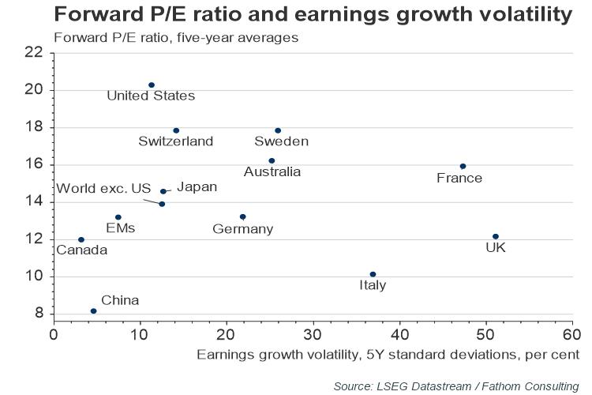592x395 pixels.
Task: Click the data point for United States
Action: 152,85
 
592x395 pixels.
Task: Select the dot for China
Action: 93,311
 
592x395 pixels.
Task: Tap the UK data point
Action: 496,236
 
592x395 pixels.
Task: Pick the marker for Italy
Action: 373,274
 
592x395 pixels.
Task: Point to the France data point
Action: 463,166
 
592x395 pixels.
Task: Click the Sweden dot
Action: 278,130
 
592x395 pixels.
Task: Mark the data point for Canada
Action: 81,239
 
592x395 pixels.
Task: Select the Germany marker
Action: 243,216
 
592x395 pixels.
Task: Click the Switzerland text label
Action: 175,141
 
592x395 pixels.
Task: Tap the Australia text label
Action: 272,171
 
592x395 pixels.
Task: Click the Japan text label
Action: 197,187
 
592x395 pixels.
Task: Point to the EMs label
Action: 120,228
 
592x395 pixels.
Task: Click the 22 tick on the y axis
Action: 33,53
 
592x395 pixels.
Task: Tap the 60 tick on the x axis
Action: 572,333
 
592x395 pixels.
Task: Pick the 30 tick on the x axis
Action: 313,333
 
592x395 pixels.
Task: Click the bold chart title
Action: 312,14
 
